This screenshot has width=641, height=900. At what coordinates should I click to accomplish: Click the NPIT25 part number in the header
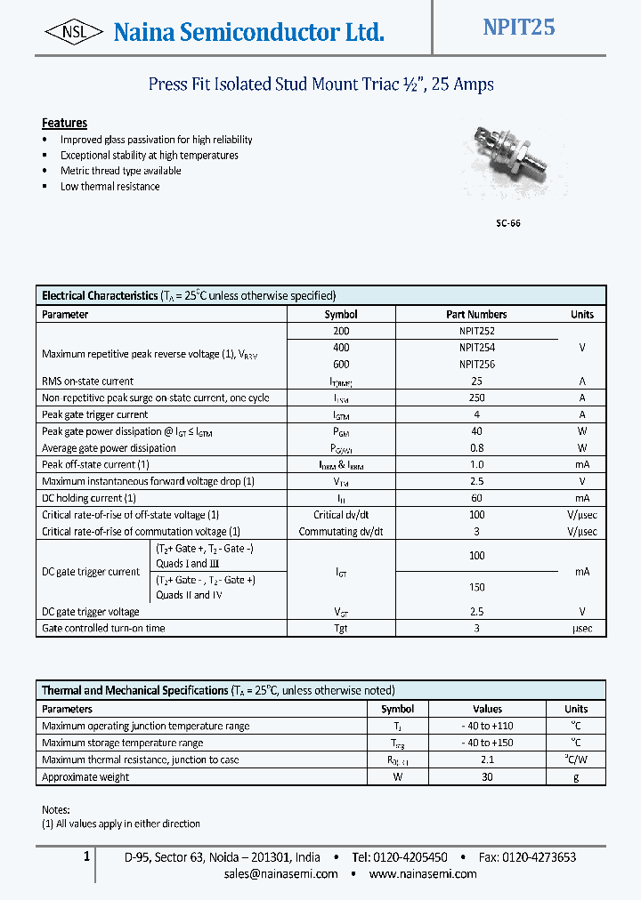[x=518, y=28]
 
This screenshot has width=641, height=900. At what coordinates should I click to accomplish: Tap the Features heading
[x=64, y=123]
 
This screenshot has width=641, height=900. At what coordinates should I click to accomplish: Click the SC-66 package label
[x=507, y=223]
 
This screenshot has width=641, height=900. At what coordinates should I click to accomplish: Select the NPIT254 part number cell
[x=477, y=348]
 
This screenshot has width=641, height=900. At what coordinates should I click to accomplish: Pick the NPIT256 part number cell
[x=477, y=365]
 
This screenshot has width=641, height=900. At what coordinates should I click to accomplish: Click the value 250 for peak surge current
[x=477, y=398]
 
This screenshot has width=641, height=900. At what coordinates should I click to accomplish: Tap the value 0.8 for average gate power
[x=477, y=448]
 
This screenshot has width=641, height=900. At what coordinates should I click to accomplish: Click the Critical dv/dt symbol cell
[x=341, y=515]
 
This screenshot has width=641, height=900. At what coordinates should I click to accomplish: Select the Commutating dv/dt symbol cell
[x=341, y=532]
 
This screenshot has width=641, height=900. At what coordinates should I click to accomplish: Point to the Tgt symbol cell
[x=341, y=628]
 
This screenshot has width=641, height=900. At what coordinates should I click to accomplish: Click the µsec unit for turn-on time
[x=581, y=628]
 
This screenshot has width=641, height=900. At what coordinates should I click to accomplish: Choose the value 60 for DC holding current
[x=477, y=498]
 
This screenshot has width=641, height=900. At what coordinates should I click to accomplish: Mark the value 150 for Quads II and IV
[x=477, y=588]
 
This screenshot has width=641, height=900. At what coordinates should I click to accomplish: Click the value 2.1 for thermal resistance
[x=487, y=759]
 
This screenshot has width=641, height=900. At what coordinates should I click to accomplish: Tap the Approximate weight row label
[x=85, y=777]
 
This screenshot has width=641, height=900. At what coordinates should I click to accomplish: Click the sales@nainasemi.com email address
[x=281, y=874]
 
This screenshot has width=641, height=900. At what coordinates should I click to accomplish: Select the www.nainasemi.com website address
[x=422, y=874]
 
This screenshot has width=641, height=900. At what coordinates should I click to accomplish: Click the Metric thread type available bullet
[x=120, y=171]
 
